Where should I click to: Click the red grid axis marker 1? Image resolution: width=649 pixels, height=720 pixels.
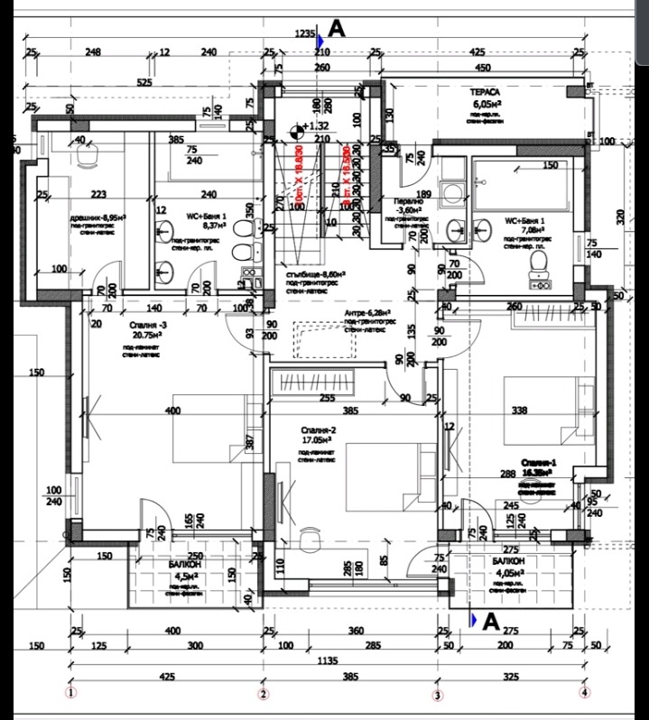70,693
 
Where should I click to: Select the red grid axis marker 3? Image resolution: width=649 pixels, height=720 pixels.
438,695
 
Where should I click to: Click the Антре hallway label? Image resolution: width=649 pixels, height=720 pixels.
360,313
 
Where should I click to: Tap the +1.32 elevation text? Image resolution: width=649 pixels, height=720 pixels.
319,127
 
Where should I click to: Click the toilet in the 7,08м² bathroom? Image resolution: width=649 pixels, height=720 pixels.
539,262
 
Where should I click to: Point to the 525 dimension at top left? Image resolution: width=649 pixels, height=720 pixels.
144,83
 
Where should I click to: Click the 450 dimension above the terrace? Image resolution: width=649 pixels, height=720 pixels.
482,68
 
